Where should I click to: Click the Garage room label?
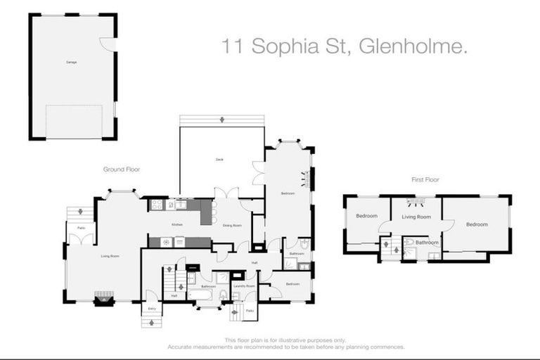[71, 62]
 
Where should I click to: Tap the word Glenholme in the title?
[412, 47]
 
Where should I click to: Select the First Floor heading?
[425, 180]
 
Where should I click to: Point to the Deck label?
[219, 160]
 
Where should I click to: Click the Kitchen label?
[176, 224]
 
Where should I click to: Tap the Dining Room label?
[232, 225]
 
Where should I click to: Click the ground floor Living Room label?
[110, 256]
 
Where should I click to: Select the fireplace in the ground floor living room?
[104, 299]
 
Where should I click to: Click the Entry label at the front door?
[150, 307]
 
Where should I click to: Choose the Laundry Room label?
[244, 285]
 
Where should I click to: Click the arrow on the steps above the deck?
[222, 120]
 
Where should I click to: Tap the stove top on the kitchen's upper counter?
[157, 205]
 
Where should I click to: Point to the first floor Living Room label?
[416, 217]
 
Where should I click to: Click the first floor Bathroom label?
[427, 243]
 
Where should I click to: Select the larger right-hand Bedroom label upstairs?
[477, 224]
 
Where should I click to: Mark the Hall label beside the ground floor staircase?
[174, 296]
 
